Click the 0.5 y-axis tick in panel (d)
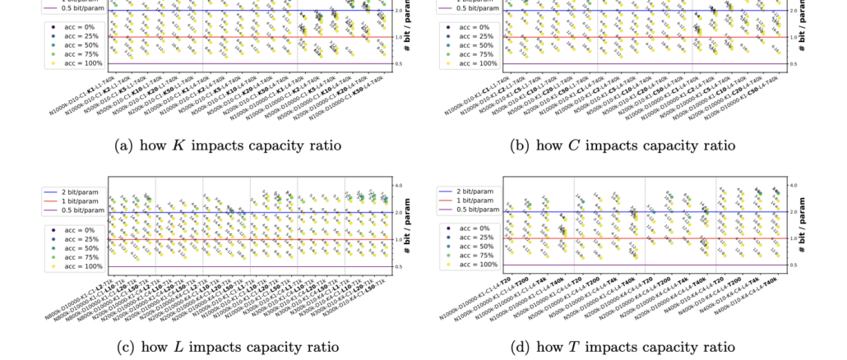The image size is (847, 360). tap(794, 265)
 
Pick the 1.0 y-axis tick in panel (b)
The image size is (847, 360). tap(794, 37)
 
